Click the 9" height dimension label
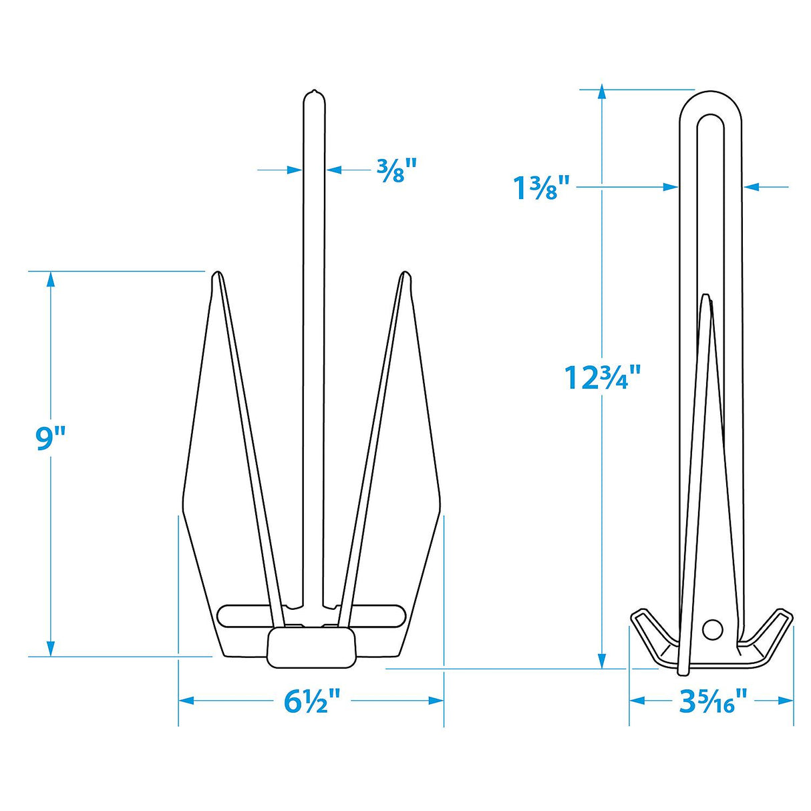pyautogui.click(x=51, y=439)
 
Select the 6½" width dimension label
pyautogui.click(x=312, y=701)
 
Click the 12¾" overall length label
pyautogui.click(x=603, y=377)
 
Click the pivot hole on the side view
pyautogui.click(x=712, y=629)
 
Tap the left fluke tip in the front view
pyautogui.click(x=216, y=276)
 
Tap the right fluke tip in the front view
pyautogui.click(x=403, y=276)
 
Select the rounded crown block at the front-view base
pyautogui.click(x=311, y=647)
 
